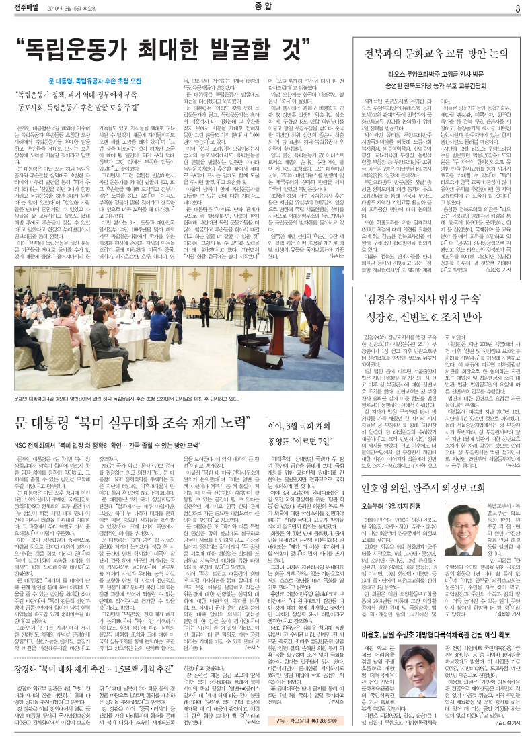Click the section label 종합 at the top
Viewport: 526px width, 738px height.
point(262,7)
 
